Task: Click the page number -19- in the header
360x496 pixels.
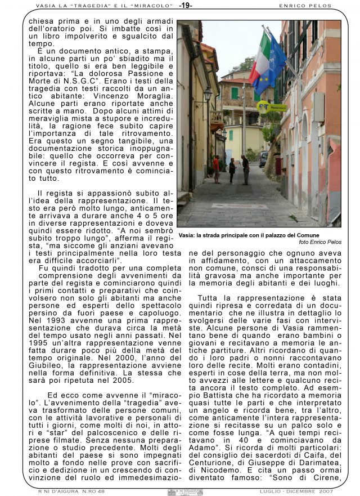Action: click(x=185, y=6)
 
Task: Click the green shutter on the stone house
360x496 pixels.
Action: click(x=235, y=93)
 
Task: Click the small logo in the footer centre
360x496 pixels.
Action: click(x=185, y=492)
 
